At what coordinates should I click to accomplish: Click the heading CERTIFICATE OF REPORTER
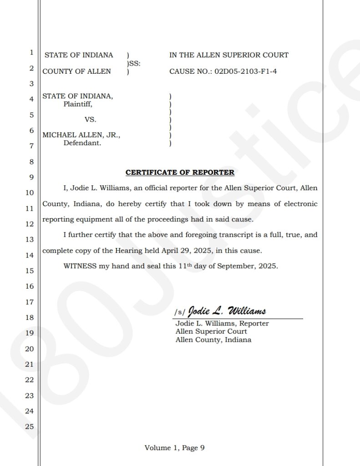coord(180,172)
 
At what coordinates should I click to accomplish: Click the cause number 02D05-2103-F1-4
coord(246,71)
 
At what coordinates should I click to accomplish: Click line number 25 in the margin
coord(29,427)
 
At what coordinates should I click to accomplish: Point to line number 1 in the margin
coord(31,52)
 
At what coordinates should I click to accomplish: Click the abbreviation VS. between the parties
coord(90,120)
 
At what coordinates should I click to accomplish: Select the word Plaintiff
coord(78,104)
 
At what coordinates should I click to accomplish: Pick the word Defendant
coord(82,143)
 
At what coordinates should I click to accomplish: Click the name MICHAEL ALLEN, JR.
coord(81,135)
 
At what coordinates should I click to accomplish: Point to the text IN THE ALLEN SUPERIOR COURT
coord(228,55)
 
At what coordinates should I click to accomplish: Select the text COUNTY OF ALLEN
coord(76,71)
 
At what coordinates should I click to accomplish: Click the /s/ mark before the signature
coord(180,313)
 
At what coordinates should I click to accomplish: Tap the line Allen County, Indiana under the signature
coord(213,340)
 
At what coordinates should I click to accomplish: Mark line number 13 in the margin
coord(29,239)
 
